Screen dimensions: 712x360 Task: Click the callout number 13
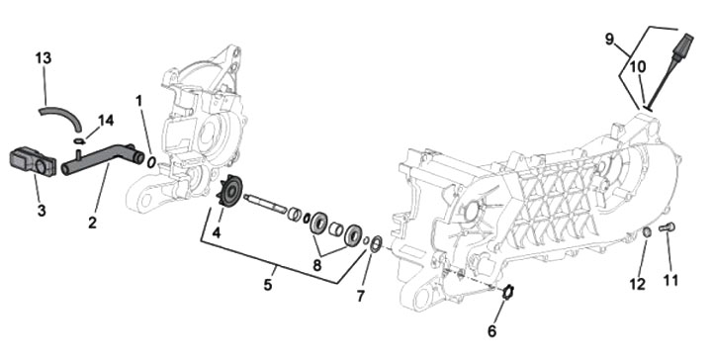[44, 58]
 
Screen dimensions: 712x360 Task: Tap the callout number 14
[106, 121]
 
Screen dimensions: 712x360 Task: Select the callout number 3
[42, 211]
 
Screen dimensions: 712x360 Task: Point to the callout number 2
[92, 223]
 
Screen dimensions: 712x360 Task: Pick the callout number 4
[217, 233]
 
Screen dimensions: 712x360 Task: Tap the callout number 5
[268, 285]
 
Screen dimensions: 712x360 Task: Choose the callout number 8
[317, 265]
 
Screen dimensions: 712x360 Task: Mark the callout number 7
[361, 296]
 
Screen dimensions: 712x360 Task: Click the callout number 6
[492, 331]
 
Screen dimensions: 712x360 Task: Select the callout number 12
[637, 284]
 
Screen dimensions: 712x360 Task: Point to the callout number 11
[670, 280]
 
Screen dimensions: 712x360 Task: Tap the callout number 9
[609, 39]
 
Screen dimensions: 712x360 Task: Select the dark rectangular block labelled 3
[33, 161]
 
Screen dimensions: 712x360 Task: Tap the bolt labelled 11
[667, 226]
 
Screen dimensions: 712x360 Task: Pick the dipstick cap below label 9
[683, 47]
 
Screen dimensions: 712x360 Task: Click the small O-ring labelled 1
[151, 161]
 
